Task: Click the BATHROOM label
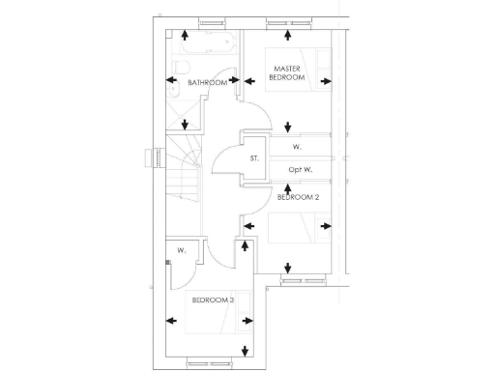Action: tap(207, 83)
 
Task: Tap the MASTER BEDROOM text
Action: tap(287, 72)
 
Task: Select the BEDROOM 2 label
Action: tap(298, 197)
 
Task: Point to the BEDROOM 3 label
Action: tap(212, 300)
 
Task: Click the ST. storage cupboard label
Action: tap(254, 157)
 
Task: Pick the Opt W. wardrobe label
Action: tap(301, 171)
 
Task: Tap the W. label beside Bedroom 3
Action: tap(181, 250)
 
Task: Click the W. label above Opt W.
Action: tap(297, 147)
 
